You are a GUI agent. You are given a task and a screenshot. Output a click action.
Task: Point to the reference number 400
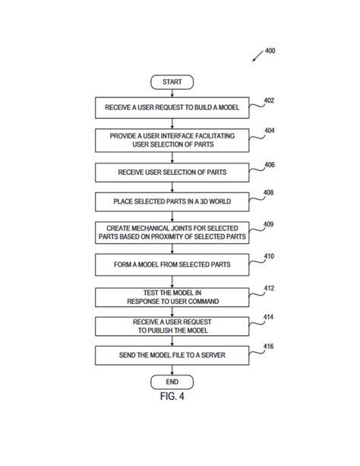pos(270,52)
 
